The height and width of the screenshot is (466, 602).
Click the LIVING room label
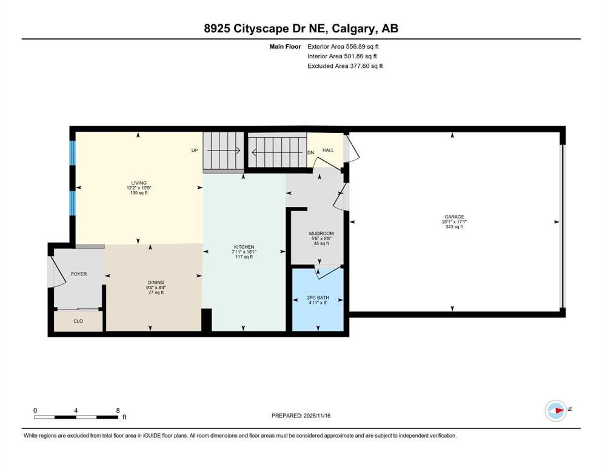139,183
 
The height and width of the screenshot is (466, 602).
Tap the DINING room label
156,282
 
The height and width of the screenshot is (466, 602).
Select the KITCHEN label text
244,247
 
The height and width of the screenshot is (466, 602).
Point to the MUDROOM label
321,234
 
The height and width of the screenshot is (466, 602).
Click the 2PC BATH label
318,298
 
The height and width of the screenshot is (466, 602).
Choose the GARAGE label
454,217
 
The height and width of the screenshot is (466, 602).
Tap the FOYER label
79,274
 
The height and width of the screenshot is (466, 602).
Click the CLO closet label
78,321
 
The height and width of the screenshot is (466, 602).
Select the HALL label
328,150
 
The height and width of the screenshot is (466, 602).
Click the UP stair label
195,150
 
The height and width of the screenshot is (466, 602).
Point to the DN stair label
310,152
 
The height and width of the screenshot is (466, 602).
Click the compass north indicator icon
555,410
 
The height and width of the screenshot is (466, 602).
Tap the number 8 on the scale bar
118,410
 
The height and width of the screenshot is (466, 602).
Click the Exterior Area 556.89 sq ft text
343,47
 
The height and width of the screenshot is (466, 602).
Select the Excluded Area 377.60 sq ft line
345,66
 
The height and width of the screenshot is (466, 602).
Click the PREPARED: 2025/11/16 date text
301,416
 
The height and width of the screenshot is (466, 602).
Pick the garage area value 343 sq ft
454,227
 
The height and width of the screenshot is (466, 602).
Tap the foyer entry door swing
56,271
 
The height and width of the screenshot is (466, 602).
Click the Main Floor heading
285,47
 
